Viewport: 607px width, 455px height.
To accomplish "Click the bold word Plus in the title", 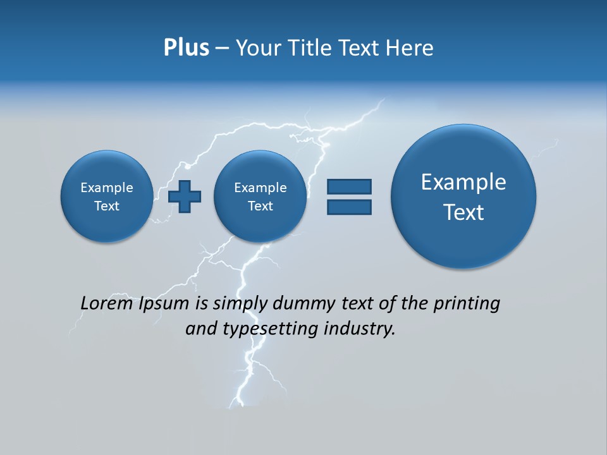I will click(x=186, y=48).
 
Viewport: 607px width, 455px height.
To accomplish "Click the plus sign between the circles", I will click(x=185, y=196).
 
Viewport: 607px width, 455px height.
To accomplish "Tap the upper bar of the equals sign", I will click(x=349, y=186).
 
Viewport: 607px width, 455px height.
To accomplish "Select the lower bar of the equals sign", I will click(x=349, y=207).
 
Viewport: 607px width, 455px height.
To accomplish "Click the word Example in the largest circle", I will click(x=463, y=182).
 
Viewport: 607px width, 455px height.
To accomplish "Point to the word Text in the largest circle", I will click(x=463, y=212).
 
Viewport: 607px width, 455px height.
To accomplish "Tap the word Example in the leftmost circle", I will click(x=107, y=188).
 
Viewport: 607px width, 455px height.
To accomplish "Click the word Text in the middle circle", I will click(x=260, y=206).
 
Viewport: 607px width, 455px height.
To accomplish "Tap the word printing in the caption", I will click(x=466, y=303).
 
